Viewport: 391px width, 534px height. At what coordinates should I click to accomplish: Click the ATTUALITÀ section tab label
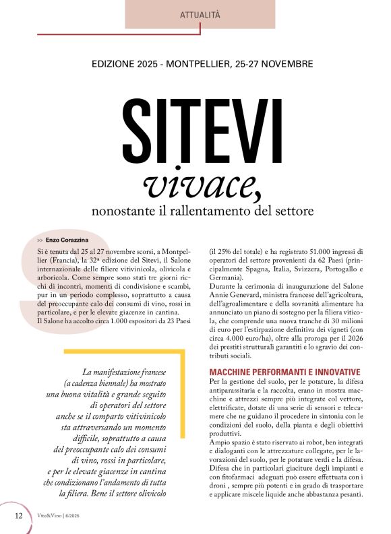tap(200, 15)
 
